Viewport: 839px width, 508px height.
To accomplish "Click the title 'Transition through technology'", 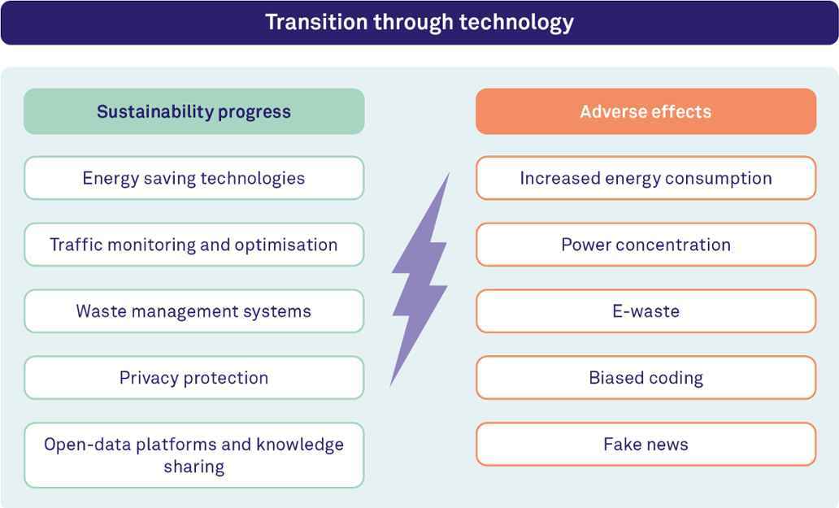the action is pos(419,23).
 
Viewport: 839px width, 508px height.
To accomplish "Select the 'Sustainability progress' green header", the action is pos(194,111).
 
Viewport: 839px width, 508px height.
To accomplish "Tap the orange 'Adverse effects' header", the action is pos(646,111).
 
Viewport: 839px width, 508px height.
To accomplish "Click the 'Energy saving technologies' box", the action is pos(194,178).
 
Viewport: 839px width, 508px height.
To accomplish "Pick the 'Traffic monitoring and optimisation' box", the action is pos(194,245).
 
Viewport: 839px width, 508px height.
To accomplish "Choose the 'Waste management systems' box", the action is pos(194,311).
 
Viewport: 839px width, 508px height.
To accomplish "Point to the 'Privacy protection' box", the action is pos(194,377).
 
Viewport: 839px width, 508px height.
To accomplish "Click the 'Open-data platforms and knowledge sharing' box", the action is pos(194,455).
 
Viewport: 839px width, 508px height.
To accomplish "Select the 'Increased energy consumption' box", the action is pos(646,178).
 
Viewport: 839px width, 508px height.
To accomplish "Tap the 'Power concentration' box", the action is pos(646,245).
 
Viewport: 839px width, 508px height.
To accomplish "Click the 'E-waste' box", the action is pos(646,311).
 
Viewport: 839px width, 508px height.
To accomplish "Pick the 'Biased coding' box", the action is pos(646,377).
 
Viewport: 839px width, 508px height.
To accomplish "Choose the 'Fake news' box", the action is pos(646,444).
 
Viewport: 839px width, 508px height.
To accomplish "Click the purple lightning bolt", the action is pos(420,278).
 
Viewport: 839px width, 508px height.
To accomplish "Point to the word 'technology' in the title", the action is pos(516,23).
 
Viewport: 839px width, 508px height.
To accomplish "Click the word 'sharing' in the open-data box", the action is pos(194,467).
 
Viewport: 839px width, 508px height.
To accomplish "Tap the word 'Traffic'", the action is pos(76,245).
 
